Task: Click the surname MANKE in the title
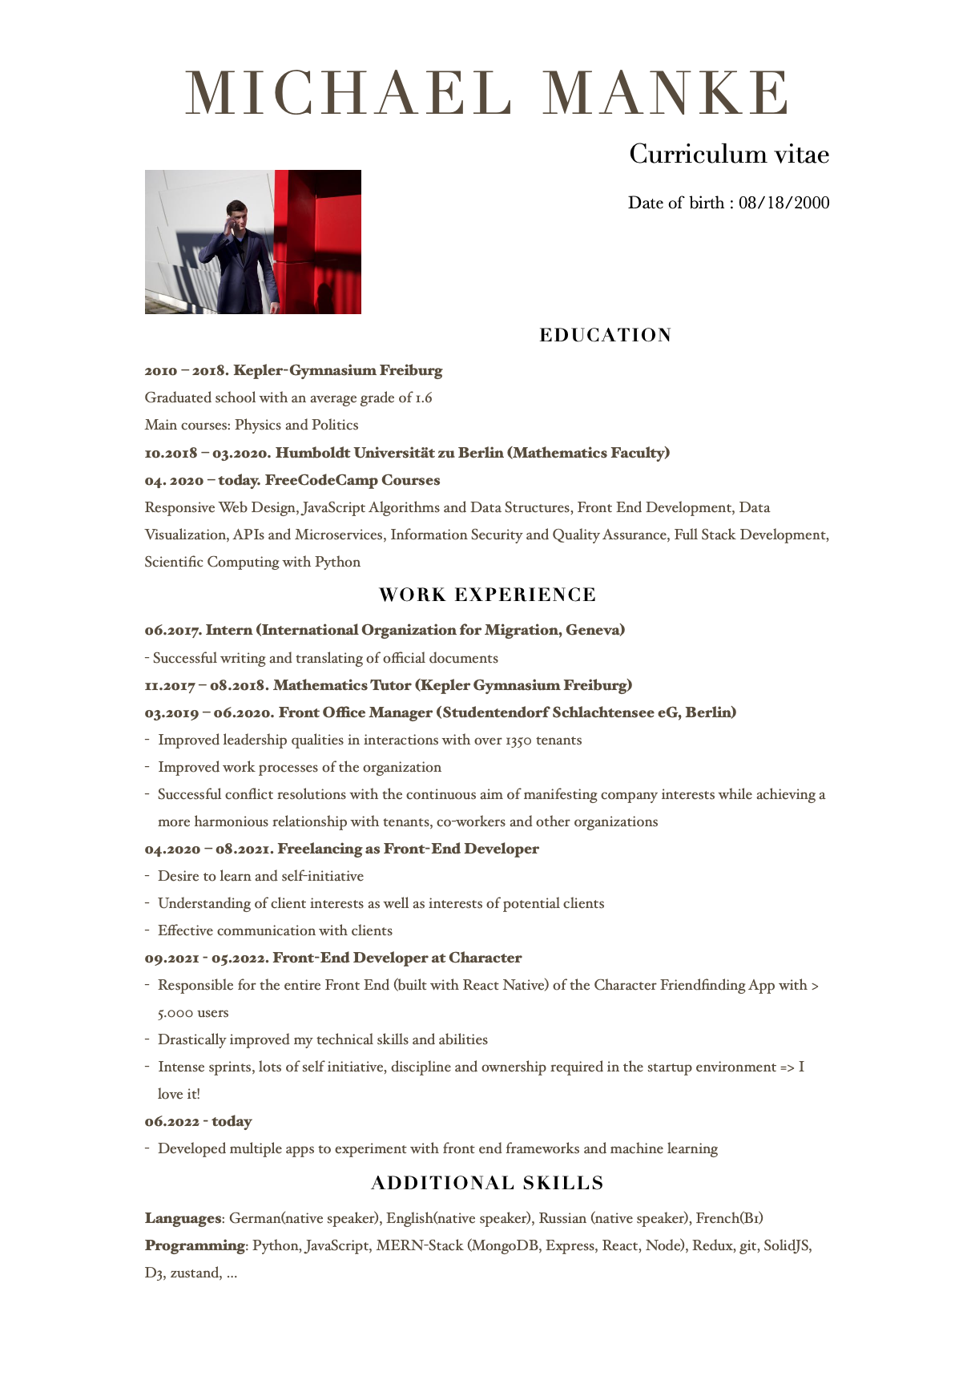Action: click(667, 93)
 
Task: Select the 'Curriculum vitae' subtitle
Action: click(728, 153)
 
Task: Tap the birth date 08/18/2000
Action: click(784, 203)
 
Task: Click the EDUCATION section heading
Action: click(605, 335)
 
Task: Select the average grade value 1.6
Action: click(423, 397)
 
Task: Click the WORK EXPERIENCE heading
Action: click(487, 595)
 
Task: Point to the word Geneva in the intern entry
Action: click(593, 630)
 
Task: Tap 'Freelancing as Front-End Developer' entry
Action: click(408, 849)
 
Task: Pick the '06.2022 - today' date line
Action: click(198, 1121)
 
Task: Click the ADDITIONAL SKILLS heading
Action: click(487, 1183)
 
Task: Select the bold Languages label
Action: click(183, 1218)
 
